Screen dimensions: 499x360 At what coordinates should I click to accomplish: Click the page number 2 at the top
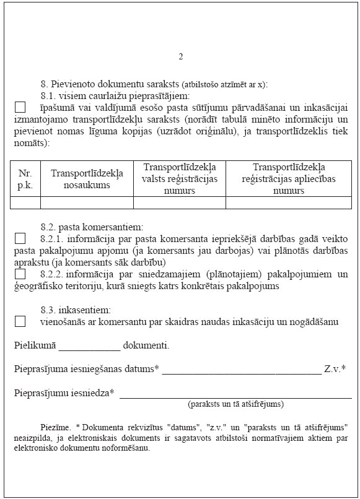click(x=180, y=57)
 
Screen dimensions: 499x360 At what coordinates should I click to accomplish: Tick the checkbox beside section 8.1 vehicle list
click(x=20, y=107)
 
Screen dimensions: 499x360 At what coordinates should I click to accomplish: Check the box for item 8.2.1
click(x=20, y=238)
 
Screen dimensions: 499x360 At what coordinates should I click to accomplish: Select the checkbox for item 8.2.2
click(x=20, y=274)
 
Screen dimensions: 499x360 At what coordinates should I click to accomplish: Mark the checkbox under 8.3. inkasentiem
click(x=20, y=321)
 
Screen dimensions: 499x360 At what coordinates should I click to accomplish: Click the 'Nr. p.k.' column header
click(x=25, y=179)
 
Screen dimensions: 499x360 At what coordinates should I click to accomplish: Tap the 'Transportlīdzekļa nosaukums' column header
click(x=87, y=179)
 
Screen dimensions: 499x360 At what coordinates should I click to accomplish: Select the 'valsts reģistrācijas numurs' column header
click(x=179, y=179)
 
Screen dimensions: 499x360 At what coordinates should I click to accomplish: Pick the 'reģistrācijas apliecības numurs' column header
click(x=288, y=179)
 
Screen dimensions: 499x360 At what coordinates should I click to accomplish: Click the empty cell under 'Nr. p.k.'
click(x=25, y=202)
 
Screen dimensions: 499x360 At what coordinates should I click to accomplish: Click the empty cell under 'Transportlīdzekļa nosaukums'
click(x=87, y=202)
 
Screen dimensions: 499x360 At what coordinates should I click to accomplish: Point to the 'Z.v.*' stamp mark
click(x=335, y=368)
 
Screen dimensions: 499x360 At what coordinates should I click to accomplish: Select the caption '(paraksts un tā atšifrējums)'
click(x=235, y=404)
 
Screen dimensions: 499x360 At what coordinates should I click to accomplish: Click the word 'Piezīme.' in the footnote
click(x=56, y=428)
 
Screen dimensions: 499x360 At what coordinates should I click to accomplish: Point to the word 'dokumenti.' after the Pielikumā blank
click(x=146, y=345)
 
